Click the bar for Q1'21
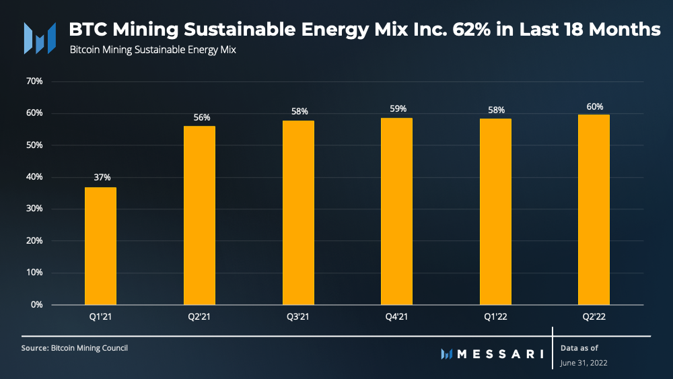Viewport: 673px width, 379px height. click(100, 246)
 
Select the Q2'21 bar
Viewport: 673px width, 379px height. click(199, 215)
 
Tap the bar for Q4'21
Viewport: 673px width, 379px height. click(396, 211)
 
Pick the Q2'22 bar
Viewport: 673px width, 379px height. click(594, 209)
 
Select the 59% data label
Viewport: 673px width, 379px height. click(398, 108)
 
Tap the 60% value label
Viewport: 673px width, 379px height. click(595, 106)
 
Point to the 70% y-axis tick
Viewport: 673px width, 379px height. click(34, 81)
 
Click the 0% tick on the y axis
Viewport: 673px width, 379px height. click(36, 305)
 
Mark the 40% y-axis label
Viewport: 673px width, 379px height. click(34, 177)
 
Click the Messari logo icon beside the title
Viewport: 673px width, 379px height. click(40, 38)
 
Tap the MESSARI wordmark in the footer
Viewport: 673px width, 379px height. click(500, 353)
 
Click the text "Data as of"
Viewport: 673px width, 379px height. click(579, 348)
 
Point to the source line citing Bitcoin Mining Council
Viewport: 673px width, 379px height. click(75, 348)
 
